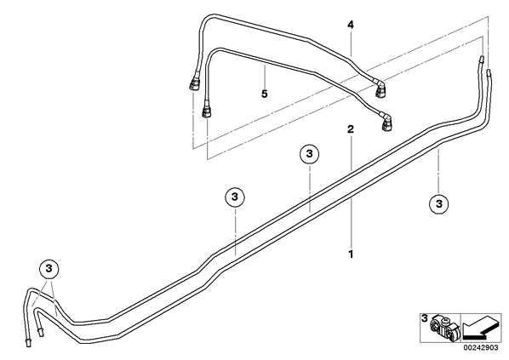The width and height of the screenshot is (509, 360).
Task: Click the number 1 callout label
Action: coord(351,254)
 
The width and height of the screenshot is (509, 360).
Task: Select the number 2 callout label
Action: coord(351,129)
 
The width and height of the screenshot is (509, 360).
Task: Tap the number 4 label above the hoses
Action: coord(351,25)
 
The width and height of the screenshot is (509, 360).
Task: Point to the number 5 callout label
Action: coord(265,94)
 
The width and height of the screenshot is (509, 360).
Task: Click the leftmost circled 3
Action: coord(49,269)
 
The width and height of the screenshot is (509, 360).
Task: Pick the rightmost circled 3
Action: coord(439,204)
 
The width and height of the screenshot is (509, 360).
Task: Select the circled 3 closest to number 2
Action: coord(309,153)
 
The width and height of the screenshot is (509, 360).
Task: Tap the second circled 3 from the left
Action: coord(235,197)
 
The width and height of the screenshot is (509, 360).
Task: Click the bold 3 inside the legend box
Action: coord(425,318)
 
